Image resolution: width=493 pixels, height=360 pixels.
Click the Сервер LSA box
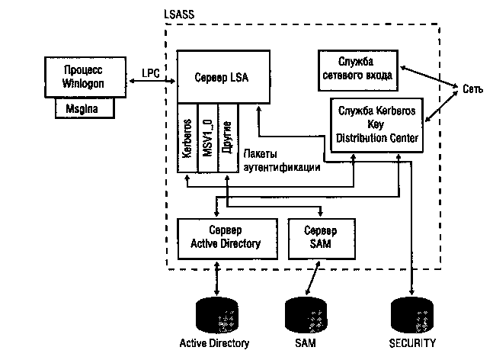coord(222,77)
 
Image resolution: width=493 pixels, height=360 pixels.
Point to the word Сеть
coord(472,89)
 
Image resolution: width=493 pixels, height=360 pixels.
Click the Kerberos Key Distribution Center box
coord(375,124)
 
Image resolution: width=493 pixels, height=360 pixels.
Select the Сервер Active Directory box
coord(224,237)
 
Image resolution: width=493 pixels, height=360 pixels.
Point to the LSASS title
coord(179,13)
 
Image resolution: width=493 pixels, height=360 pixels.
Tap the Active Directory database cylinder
coord(219,313)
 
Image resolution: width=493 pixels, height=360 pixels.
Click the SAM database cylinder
coord(305,313)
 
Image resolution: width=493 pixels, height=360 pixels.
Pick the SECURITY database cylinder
coord(411,313)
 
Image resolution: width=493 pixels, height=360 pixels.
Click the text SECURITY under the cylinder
coord(412,343)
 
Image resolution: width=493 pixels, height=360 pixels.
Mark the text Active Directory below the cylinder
coord(214,343)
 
